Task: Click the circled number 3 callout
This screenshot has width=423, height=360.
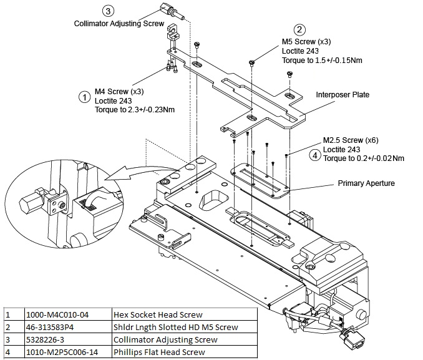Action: pos(108,11)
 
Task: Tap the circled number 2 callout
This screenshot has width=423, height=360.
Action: pos(299,29)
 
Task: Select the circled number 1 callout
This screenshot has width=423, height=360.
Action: pos(84,97)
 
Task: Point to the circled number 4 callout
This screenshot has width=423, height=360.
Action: pos(314,155)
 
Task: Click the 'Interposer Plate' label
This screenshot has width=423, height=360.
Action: pos(343,95)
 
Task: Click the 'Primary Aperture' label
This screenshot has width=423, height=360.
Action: pos(366,183)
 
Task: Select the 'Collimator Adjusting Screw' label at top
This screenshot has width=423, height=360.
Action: pos(119,24)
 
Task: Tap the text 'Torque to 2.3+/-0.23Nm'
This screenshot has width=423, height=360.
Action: pos(135,110)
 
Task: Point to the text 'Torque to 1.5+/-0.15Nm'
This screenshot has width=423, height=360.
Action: pos(322,60)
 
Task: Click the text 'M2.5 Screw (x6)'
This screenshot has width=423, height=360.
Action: pos(351,140)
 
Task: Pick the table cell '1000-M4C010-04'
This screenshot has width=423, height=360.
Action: pos(57,314)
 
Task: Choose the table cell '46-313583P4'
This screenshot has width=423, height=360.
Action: pos(50,327)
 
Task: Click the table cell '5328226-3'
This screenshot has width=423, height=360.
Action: pos(45,339)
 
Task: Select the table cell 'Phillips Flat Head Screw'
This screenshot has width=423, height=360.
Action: pos(159,352)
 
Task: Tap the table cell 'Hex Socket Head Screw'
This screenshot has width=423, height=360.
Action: pos(158,314)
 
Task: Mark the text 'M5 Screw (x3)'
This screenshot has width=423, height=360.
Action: pos(306,42)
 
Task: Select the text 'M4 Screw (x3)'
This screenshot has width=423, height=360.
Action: pos(119,92)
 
